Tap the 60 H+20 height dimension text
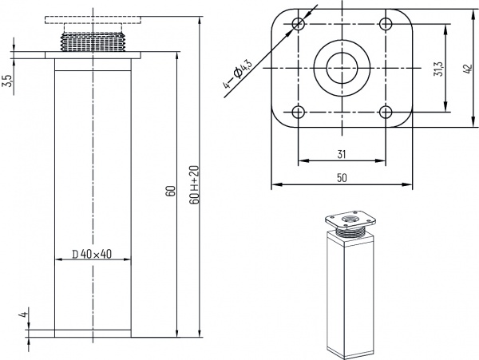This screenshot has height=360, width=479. click(195, 185)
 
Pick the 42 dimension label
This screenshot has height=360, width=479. click(467, 69)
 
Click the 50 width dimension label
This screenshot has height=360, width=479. click(342, 179)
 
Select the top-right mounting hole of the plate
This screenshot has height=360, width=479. click(386, 22)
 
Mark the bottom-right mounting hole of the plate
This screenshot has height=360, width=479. click(386, 110)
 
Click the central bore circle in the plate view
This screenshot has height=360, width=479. click(342, 66)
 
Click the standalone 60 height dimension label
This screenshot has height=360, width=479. click(169, 192)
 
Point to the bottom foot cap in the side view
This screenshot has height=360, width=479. click(94, 332)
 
